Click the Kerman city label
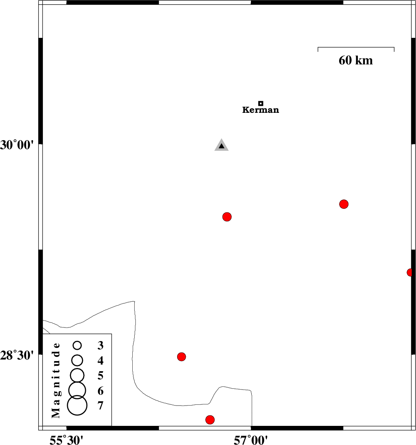coord(261,110)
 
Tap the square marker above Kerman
coord(261,103)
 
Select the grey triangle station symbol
coord(221,145)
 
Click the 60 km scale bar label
coord(356,60)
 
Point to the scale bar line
coord(356,47)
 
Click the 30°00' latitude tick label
coord(17,145)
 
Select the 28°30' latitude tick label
coord(17,355)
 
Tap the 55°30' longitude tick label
coord(66,440)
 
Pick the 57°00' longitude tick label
coord(251,440)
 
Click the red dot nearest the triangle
coord(227,217)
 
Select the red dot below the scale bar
coord(344,204)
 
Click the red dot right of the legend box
coord(181,357)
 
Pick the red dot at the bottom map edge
coord(210,420)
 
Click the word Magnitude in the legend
coord(56,381)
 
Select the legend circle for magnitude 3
coord(77,345)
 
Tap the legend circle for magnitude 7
coord(77,405)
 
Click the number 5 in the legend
coord(100,376)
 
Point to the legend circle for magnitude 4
coord(77,360)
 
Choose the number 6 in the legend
coord(100,391)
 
